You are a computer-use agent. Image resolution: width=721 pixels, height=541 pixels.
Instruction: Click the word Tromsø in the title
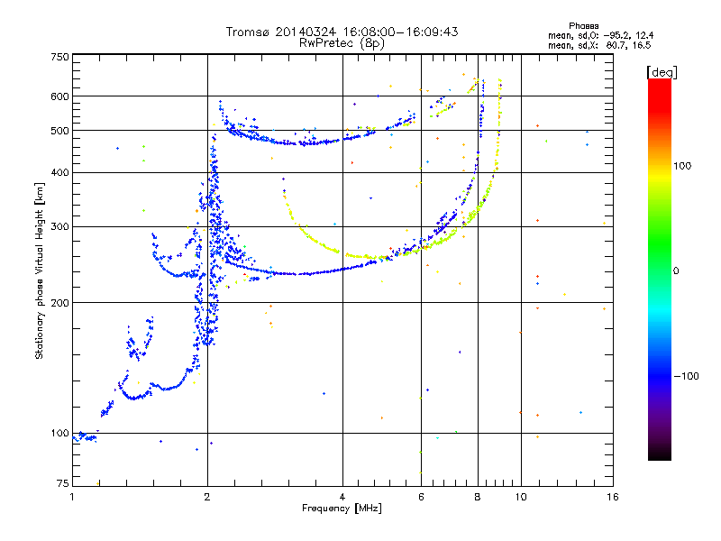click(x=248, y=32)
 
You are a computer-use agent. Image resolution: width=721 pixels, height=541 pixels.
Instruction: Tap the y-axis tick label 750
click(x=59, y=57)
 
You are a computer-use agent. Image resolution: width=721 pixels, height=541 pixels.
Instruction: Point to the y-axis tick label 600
click(x=59, y=96)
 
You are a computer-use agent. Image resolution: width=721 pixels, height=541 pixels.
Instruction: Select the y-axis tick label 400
click(x=59, y=172)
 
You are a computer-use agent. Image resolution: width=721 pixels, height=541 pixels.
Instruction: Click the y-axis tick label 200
click(x=59, y=302)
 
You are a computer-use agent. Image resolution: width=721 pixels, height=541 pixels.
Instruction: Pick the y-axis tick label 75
click(x=62, y=485)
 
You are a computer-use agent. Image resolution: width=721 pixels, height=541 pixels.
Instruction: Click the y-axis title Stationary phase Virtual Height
click(x=40, y=270)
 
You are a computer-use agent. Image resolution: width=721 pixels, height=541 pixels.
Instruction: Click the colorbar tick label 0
click(x=677, y=270)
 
